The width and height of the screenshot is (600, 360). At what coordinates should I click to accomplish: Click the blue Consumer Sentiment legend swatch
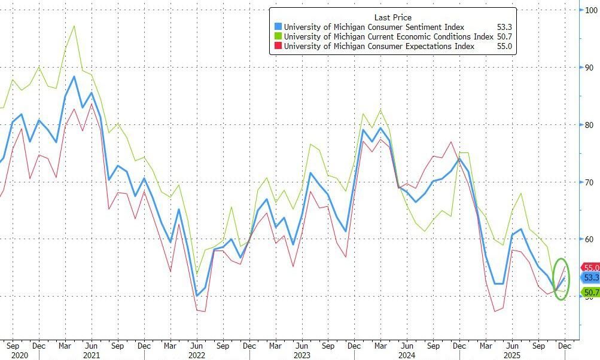click(278, 26)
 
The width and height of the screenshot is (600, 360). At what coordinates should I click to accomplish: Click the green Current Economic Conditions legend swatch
click(278, 36)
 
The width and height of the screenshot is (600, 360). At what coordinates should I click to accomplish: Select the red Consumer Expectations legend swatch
click(278, 47)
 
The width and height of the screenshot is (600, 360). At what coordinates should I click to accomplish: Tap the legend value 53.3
click(504, 26)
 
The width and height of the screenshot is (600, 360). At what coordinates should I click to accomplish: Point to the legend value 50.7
click(504, 36)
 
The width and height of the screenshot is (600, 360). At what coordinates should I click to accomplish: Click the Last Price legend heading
click(392, 17)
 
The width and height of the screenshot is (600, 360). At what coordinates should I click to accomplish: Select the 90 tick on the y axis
click(588, 68)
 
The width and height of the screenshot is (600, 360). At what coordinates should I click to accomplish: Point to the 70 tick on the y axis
click(588, 182)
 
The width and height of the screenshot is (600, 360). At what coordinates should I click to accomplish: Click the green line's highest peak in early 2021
click(74, 26)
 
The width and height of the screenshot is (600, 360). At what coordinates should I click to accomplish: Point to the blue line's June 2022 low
click(197, 295)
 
